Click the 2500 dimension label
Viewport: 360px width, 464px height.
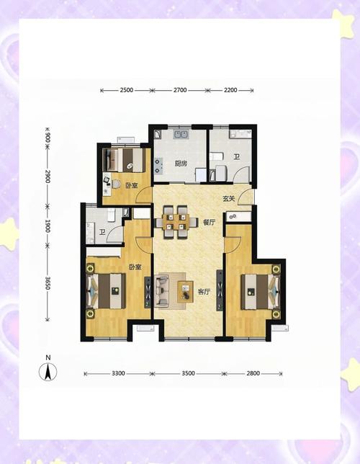127,90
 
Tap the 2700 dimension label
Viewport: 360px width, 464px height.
180,90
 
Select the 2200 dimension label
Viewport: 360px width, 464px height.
230,90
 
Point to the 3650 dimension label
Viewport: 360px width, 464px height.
48,282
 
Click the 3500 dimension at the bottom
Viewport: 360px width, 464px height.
188,373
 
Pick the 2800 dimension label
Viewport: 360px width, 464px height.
253,373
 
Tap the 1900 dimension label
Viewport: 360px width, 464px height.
48,226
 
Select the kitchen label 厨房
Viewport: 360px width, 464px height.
181,164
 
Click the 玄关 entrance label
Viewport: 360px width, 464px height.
229,198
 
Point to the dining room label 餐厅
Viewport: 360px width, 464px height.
209,223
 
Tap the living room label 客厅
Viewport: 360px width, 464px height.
204,292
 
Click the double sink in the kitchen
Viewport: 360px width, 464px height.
181,134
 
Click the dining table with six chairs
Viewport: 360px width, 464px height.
176,222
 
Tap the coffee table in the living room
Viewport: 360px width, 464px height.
185,292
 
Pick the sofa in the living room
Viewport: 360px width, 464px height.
161,290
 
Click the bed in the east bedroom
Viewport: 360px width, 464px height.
260,292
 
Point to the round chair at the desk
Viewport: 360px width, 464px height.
117,184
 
